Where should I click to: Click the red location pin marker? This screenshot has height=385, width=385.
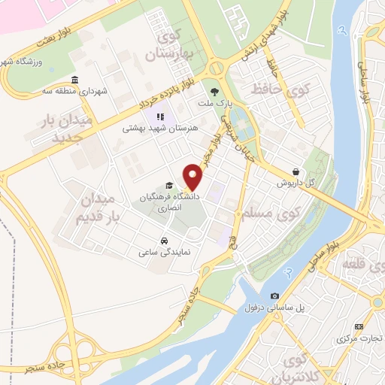coord(194,176)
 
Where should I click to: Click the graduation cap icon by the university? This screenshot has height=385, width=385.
coord(170,185)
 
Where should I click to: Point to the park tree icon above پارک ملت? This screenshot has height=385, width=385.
coord(219,88)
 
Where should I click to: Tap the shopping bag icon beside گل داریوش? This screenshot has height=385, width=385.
coord(299,171)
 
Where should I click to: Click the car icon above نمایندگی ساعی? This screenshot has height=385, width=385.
coord(164,241)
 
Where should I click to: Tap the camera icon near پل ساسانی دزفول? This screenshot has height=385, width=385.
coord(274,296)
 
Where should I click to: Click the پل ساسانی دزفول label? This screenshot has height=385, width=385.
coord(274,307)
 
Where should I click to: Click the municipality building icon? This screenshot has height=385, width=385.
coord(73,80)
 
